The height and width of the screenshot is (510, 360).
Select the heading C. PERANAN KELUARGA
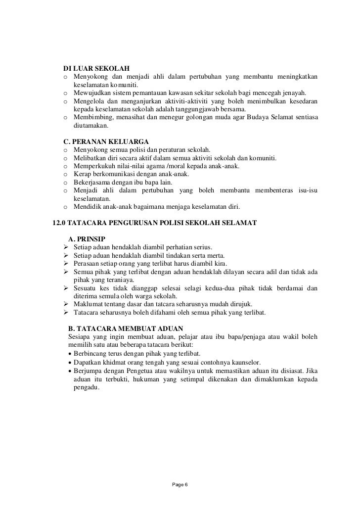(106, 141)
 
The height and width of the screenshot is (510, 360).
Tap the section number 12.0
(61, 223)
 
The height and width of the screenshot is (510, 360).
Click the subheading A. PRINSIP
(86, 239)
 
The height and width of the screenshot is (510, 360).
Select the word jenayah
(295, 93)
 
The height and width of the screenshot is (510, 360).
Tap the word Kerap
(82, 174)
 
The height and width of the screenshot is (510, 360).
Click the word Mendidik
(88, 207)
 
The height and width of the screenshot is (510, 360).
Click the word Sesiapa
(80, 337)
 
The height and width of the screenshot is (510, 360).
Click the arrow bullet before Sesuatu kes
(65, 288)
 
